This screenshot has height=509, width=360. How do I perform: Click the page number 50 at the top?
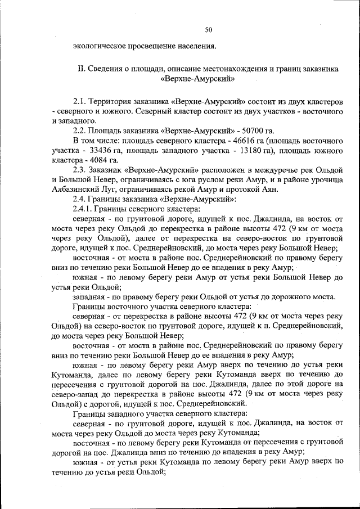(208, 29)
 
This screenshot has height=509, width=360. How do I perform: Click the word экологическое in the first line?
(97, 46)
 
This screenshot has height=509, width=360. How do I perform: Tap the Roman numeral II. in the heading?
(80, 69)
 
